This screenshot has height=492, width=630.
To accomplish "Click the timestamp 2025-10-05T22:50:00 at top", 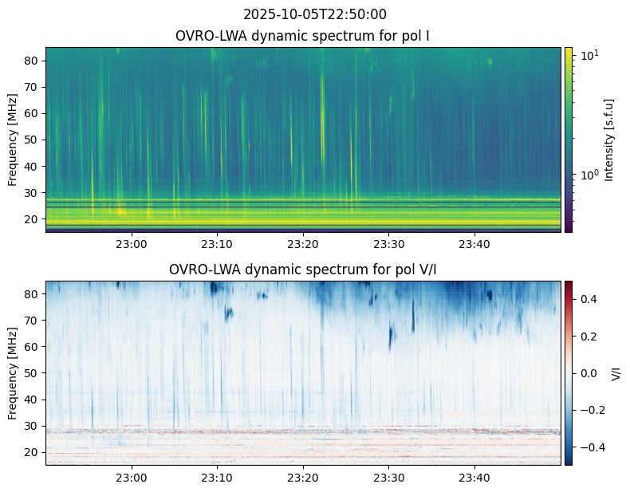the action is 314,14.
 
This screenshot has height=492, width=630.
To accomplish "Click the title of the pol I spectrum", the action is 302,36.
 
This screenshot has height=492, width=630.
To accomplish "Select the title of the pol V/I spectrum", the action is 302,270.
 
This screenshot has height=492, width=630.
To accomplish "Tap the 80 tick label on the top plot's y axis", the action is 32,61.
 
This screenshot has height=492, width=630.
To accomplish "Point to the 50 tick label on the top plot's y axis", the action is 32,140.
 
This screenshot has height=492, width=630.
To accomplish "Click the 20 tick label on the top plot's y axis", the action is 32,219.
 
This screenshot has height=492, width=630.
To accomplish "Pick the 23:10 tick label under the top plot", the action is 217,244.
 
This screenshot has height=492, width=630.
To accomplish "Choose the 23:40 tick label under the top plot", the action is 474,244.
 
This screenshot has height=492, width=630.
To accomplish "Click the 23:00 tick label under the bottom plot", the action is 132,478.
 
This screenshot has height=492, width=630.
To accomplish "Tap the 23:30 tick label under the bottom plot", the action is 389,478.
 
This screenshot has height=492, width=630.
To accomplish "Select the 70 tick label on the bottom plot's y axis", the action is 32,321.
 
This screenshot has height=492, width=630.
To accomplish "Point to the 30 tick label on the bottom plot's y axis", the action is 32,426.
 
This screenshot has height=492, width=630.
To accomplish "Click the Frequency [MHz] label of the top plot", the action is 13,140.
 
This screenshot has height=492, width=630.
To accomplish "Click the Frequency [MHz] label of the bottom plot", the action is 13,373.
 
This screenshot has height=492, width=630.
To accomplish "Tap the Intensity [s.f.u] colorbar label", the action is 609,140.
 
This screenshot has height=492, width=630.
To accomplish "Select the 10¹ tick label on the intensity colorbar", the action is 589,56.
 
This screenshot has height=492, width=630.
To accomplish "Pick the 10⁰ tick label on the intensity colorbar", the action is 589,175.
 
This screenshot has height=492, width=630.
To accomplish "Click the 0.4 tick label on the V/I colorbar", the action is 589,299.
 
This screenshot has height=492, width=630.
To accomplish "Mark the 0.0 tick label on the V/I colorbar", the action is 589,373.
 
